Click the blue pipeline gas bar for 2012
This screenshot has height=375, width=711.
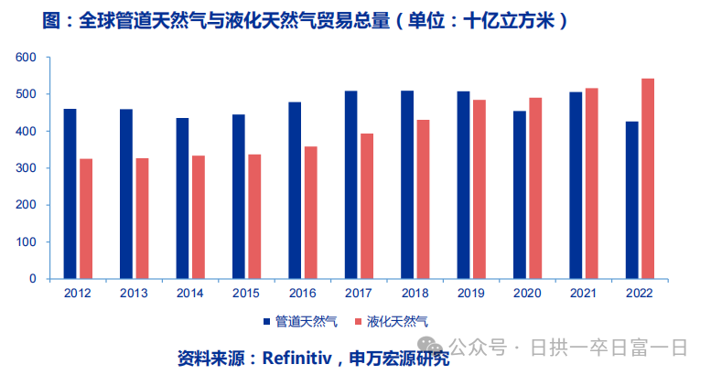coord(70,193)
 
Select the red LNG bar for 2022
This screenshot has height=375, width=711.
coord(648,178)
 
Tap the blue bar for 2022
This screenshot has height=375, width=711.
coord(631,199)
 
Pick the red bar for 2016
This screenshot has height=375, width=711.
coord(310,212)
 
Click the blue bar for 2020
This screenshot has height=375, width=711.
coord(519,195)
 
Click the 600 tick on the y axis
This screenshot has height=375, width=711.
coord(26,58)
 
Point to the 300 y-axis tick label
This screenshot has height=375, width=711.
coord(26,168)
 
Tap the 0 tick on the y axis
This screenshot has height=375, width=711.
coord(32,279)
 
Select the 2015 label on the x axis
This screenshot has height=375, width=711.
coord(246,294)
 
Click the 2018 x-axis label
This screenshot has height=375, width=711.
coord(415,294)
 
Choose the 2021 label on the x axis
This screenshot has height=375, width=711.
coord(583,294)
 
